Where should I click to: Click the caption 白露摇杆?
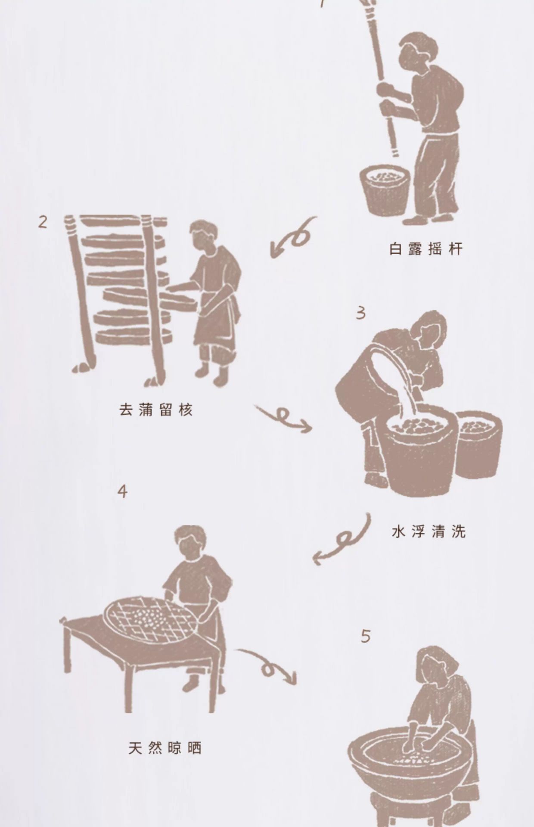[x=426, y=249]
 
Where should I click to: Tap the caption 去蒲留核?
[x=156, y=410]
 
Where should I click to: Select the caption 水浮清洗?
[x=429, y=532]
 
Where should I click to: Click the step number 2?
[x=43, y=222]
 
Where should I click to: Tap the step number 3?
[x=361, y=313]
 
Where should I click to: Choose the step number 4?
[x=123, y=491]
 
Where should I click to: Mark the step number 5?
[x=366, y=637]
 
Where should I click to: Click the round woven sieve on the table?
[x=150, y=619]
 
